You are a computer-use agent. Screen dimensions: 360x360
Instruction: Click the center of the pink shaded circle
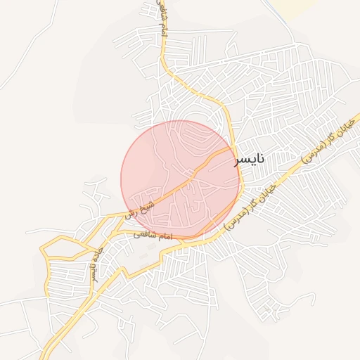tap(181, 180)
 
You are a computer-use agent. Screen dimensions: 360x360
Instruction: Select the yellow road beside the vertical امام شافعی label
tap(163, 42)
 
